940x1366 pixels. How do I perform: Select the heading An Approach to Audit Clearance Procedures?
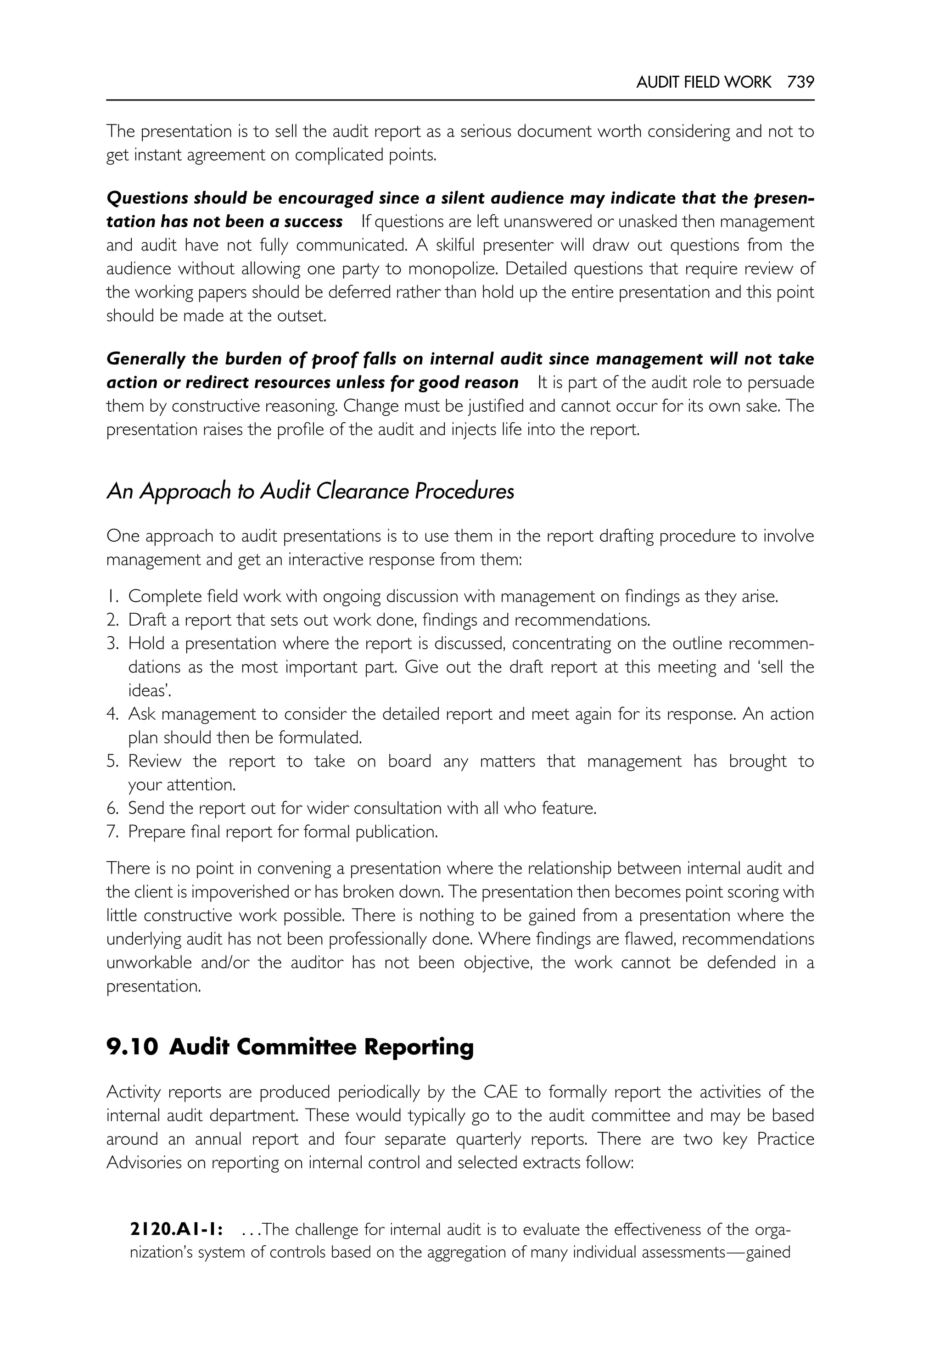pos(310,491)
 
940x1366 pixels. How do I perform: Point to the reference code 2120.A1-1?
pos(175,1230)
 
